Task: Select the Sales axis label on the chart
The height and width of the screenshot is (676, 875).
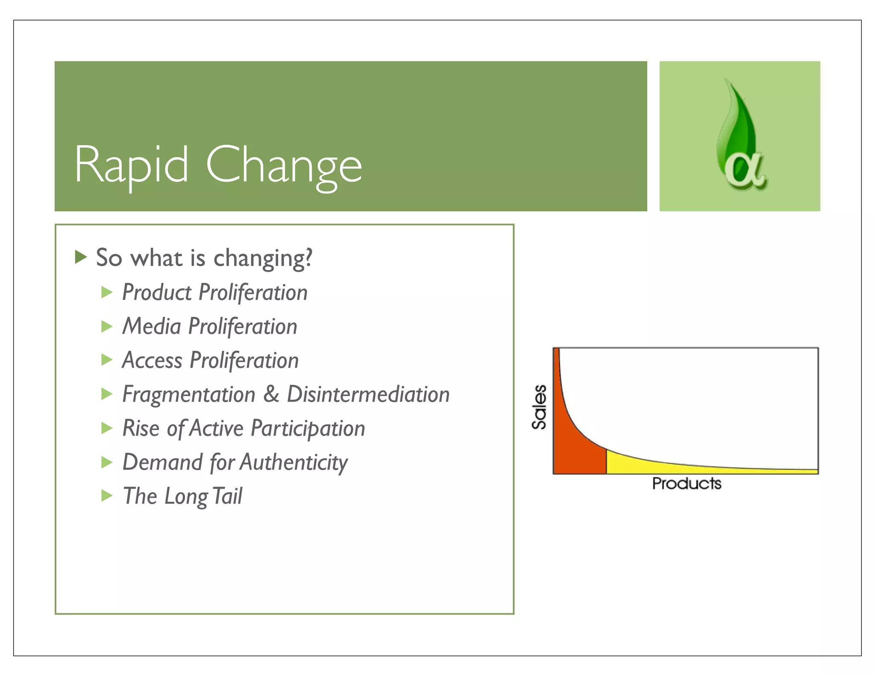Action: click(539, 407)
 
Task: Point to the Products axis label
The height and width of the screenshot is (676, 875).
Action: click(686, 484)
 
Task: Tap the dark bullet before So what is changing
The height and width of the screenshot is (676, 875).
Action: click(80, 257)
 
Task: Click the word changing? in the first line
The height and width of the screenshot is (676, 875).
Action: click(263, 259)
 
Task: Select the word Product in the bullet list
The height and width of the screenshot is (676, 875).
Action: click(157, 293)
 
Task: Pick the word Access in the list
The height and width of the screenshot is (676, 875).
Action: click(152, 360)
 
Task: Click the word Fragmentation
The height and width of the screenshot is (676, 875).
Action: click(188, 394)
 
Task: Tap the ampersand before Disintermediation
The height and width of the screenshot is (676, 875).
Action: click(271, 394)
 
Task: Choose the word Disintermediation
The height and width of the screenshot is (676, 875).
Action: click(368, 394)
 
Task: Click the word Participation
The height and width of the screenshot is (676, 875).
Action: click(308, 429)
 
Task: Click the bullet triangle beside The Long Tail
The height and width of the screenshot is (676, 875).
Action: click(106, 496)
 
